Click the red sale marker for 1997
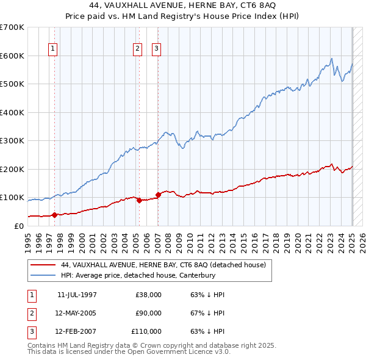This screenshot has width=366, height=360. pyautogui.click(x=54, y=214)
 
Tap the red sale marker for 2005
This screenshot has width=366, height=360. pyautogui.click(x=139, y=200)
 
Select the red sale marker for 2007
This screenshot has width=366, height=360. pyautogui.click(x=158, y=195)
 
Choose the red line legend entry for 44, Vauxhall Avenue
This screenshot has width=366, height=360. pyautogui.click(x=163, y=265)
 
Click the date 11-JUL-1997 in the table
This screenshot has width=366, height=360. pyautogui.click(x=77, y=295)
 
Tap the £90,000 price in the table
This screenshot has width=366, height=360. pyautogui.click(x=148, y=313)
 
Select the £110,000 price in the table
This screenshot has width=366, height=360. pyautogui.click(x=146, y=331)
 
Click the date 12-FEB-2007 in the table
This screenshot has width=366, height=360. pyautogui.click(x=76, y=331)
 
